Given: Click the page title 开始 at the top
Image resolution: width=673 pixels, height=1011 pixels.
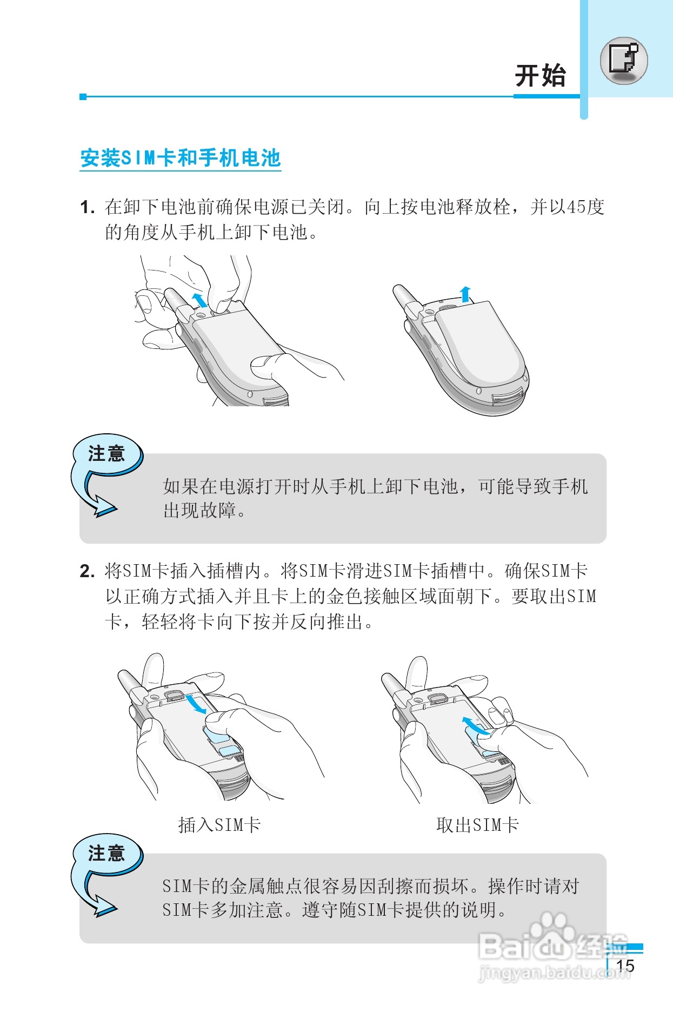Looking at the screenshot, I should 540,76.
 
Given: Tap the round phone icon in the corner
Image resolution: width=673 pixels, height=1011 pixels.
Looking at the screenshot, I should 623,61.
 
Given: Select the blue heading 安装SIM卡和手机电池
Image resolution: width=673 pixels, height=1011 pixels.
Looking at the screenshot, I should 181,158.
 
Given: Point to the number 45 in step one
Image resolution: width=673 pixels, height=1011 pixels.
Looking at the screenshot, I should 576,207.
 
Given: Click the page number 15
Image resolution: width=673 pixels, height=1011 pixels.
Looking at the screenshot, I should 625,966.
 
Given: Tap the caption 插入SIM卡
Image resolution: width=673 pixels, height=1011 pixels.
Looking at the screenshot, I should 219,825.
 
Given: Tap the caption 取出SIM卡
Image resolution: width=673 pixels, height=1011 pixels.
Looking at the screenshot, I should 477,825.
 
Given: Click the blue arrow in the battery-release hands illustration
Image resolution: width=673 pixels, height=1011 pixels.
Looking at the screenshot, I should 199,299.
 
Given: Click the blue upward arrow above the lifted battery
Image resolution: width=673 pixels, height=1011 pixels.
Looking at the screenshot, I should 465,294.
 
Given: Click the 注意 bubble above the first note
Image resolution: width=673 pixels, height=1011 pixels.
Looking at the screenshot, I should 107,453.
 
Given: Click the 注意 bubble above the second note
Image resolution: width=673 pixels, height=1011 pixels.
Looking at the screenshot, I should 107,854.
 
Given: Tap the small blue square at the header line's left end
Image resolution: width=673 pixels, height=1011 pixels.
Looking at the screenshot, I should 83,97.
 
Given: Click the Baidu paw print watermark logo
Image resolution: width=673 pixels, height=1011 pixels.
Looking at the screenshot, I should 552,926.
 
